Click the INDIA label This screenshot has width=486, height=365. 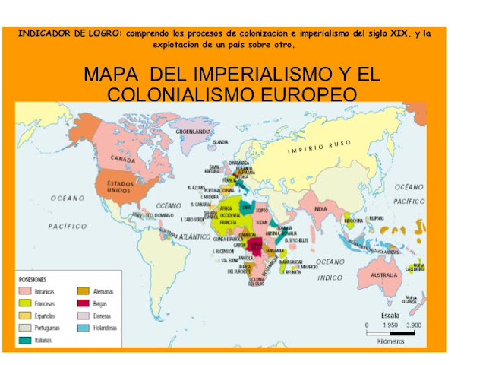pos(320,208)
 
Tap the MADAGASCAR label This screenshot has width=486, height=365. pos(291,262)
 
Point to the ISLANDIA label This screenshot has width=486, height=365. pos(221,142)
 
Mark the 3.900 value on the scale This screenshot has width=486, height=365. pos(415,325)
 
